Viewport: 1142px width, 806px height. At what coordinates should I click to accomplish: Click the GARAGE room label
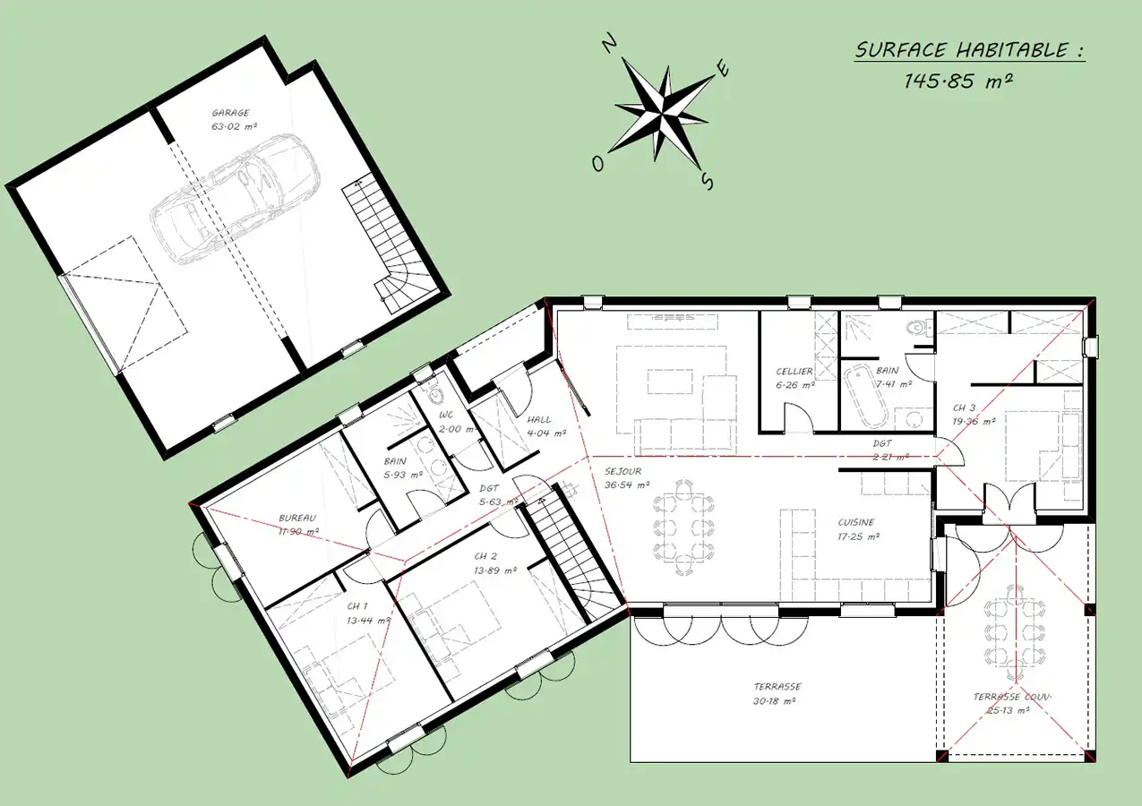231,113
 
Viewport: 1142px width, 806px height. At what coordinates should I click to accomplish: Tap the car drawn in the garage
235,199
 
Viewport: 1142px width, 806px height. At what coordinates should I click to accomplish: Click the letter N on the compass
609,43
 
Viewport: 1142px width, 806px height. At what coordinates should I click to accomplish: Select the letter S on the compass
707,181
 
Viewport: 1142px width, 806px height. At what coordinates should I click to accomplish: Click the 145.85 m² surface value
958,81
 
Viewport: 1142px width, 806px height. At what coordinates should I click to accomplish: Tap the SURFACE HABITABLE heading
969,50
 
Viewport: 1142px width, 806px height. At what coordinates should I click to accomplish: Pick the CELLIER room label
794,372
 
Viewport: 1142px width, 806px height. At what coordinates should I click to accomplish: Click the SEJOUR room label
623,472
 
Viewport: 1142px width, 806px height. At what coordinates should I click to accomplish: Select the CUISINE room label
856,522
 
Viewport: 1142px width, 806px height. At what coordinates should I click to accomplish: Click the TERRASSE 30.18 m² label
776,694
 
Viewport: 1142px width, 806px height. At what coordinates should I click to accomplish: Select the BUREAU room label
297,518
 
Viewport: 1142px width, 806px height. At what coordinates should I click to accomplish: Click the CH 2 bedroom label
485,556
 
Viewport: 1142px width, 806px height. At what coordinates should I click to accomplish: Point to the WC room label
445,416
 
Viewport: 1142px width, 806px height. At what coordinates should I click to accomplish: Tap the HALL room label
539,420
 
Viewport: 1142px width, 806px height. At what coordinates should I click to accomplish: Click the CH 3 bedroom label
964,407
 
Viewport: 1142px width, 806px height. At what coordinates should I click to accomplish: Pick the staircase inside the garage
389,244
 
